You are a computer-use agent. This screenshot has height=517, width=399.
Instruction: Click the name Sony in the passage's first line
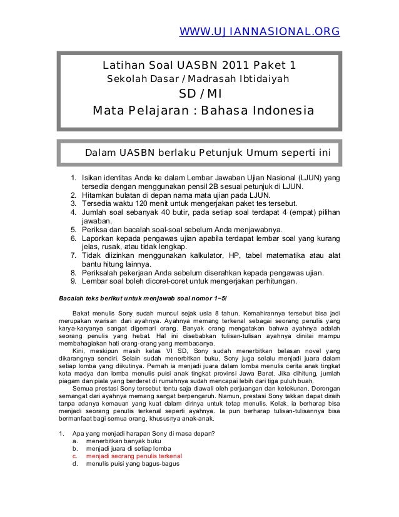(136, 312)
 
